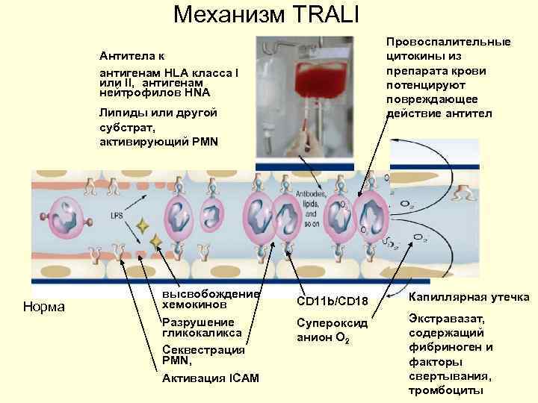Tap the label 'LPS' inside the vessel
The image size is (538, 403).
117,216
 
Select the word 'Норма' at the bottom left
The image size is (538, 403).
44,307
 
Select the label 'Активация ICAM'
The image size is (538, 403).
210,378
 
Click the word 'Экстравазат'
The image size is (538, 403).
447,319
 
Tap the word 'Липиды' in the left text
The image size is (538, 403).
123,113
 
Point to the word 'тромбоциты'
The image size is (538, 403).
447,390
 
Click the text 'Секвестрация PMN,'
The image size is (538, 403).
204,354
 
